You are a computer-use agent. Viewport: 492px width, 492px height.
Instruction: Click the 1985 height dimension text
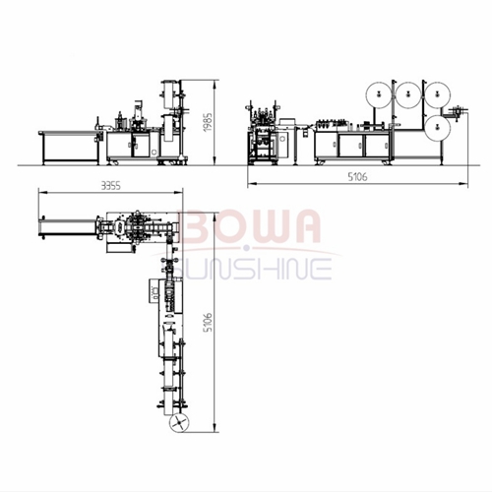(x=209, y=122)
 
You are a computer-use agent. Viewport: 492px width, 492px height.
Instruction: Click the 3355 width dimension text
(x=110, y=186)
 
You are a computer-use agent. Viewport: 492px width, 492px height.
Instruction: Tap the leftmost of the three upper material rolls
(x=379, y=94)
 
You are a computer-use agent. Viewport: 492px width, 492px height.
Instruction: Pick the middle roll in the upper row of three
(x=408, y=94)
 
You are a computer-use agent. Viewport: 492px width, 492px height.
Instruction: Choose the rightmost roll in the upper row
(x=437, y=94)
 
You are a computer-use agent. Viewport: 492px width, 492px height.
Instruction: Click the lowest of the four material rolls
(x=437, y=127)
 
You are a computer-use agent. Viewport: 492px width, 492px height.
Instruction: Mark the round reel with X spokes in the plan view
(x=180, y=422)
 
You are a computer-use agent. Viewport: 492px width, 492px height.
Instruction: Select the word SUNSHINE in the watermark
(x=252, y=269)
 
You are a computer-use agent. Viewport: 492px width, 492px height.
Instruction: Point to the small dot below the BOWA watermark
(x=246, y=248)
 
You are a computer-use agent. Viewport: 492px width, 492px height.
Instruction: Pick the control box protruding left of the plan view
(x=154, y=291)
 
